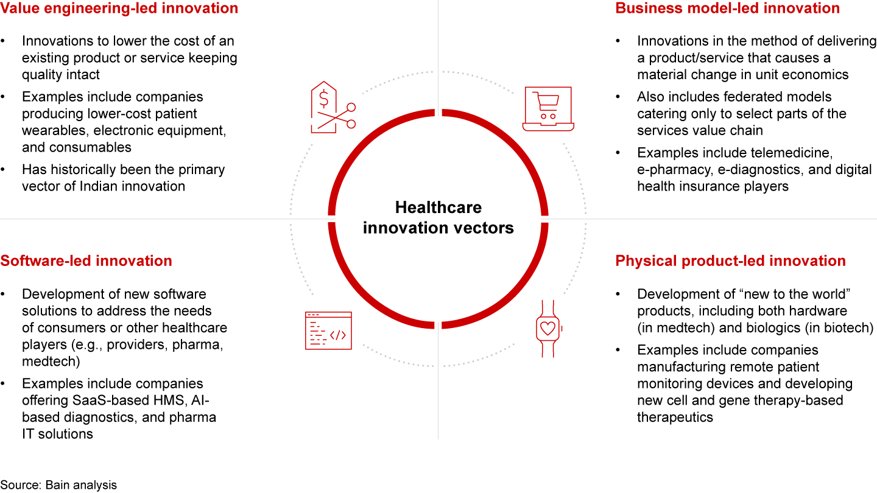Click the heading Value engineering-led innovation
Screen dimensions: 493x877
pyautogui.click(x=119, y=9)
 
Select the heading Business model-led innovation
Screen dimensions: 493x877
pyautogui.click(x=728, y=9)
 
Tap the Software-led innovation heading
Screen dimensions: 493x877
pyautogui.click(x=86, y=261)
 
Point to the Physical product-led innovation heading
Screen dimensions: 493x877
pyautogui.click(x=730, y=261)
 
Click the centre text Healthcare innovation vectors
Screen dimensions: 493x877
pyautogui.click(x=438, y=217)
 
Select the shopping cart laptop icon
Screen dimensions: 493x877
pyautogui.click(x=548, y=109)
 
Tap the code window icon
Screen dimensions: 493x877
pyautogui.click(x=328, y=330)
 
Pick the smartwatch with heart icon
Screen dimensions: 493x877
pyautogui.click(x=548, y=329)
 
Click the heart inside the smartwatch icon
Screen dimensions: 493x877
pyautogui.click(x=548, y=329)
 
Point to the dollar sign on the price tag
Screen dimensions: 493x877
pyautogui.click(x=325, y=97)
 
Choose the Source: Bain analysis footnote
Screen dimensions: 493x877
pyautogui.click(x=58, y=485)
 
